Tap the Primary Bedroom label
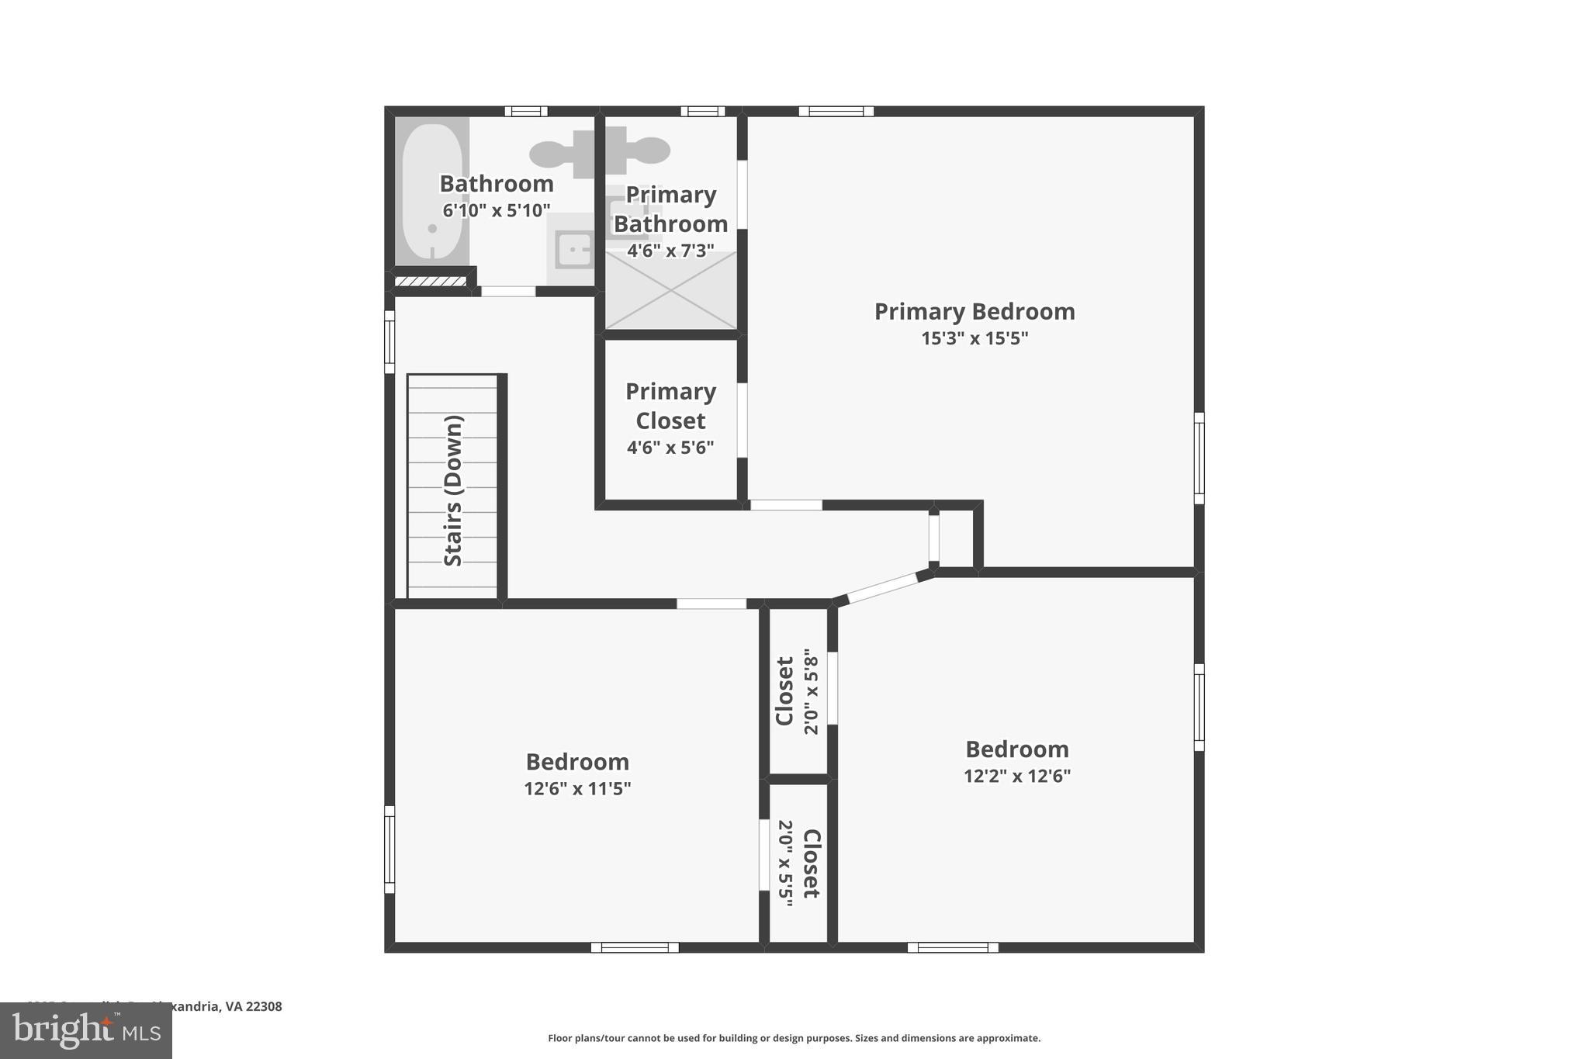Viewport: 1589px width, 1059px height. pyautogui.click(x=975, y=311)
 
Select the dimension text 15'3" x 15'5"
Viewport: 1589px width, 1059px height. pyautogui.click(x=975, y=338)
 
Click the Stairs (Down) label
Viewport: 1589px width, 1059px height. pyautogui.click(x=453, y=490)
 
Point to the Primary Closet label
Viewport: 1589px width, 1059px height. pyautogui.click(x=670, y=406)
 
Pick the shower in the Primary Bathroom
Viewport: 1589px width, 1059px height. pyautogui.click(x=671, y=291)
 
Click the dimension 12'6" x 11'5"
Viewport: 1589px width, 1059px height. pyautogui.click(x=577, y=789)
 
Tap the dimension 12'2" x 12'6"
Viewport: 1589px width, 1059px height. pyautogui.click(x=1017, y=776)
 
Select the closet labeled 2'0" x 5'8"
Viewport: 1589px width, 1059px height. pyautogui.click(x=798, y=691)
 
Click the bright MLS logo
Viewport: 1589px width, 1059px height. pyautogui.click(x=86, y=1030)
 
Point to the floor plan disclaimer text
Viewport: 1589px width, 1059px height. pyautogui.click(x=794, y=1038)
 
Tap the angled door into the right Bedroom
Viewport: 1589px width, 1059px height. pyautogui.click(x=883, y=587)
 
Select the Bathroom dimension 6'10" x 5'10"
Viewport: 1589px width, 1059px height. pyautogui.click(x=497, y=210)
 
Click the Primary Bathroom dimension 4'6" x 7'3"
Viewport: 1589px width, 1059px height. pyautogui.click(x=670, y=251)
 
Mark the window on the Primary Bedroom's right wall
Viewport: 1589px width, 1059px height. pyautogui.click(x=1199, y=458)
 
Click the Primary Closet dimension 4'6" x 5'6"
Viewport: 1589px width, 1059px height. pyautogui.click(x=670, y=448)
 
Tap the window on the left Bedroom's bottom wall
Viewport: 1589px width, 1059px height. pyautogui.click(x=635, y=947)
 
